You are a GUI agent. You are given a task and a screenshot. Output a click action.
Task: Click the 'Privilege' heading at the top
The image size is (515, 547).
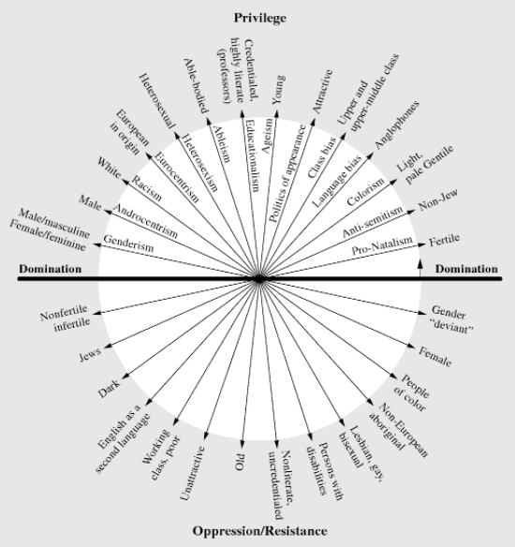coord(259,18)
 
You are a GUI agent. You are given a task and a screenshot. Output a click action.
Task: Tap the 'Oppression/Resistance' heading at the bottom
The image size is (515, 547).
coord(259,531)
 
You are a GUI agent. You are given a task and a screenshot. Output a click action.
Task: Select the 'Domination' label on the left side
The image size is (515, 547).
coord(51,269)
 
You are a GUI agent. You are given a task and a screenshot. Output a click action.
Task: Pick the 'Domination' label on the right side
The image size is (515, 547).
coord(466,269)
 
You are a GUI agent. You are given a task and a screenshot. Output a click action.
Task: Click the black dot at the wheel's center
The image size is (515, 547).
coord(258,279)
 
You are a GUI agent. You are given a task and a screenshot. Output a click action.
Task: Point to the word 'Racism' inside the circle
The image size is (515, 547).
coord(146,188)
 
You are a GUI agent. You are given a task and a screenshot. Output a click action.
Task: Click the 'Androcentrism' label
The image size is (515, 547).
coord(145,220)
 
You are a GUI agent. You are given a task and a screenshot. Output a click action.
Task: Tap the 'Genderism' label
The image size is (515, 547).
coord(128,244)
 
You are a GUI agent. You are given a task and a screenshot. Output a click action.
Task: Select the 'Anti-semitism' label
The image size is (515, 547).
coord(373,222)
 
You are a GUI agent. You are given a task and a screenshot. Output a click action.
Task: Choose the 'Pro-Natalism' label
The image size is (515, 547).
coord(382,245)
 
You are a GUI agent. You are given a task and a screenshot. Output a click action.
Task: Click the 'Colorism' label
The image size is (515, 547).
coord(365,192)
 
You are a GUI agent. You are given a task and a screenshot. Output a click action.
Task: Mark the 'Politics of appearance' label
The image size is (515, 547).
coord(287,173)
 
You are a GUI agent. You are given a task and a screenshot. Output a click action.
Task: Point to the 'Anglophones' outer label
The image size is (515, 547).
coord(397,126)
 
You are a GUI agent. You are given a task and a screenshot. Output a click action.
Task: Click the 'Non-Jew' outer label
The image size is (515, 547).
coord(438,200)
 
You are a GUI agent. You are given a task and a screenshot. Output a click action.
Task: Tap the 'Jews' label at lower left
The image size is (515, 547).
coord(90,354)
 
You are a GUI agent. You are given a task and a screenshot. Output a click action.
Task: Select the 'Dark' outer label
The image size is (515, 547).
coord(109,389)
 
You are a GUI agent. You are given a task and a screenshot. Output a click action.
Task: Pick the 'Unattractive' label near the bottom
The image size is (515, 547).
coord(193,473)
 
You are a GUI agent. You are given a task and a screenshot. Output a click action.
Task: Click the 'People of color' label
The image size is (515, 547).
coord(411,392)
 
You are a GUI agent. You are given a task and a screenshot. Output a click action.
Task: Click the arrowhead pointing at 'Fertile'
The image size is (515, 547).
coord(422,244)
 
